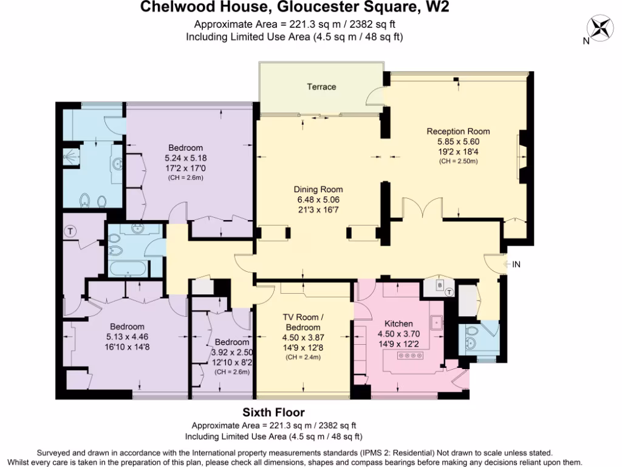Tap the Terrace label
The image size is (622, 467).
[x=321, y=87]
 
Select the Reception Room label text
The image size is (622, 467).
[x=458, y=131]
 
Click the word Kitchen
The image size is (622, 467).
[x=398, y=323]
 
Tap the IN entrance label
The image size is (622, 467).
[x=516, y=265]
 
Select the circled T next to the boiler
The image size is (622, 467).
[x=449, y=292]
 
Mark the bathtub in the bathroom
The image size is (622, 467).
[x=126, y=268]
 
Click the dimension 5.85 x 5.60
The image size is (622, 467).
[x=458, y=142]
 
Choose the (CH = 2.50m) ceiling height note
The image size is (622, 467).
[x=458, y=161]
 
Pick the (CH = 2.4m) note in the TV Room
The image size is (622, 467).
[x=302, y=357]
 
